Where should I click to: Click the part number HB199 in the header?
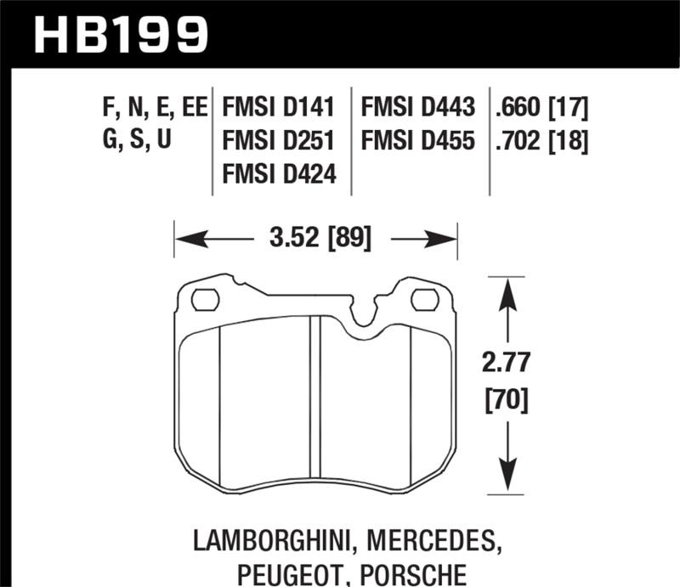click(119, 33)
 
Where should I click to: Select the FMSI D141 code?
click(279, 109)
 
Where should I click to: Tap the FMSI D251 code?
click(279, 141)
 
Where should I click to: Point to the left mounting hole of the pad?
click(205, 299)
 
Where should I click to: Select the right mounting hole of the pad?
click(423, 299)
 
